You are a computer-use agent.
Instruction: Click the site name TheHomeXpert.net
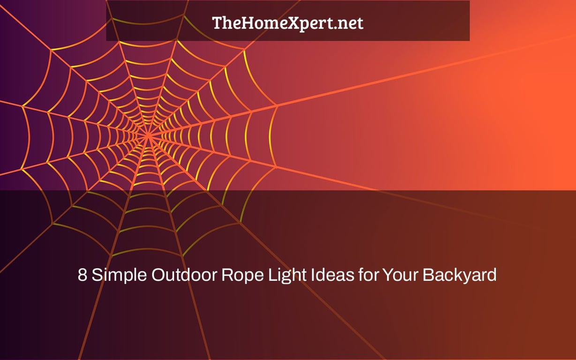288,23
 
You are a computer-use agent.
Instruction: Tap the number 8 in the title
82,275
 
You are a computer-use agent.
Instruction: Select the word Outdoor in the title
184,275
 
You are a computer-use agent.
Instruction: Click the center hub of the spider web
148,135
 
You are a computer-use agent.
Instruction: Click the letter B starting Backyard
428,275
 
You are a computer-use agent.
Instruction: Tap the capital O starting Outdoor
158,275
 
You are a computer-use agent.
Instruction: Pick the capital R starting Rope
227,275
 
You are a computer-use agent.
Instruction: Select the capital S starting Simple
97,275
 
